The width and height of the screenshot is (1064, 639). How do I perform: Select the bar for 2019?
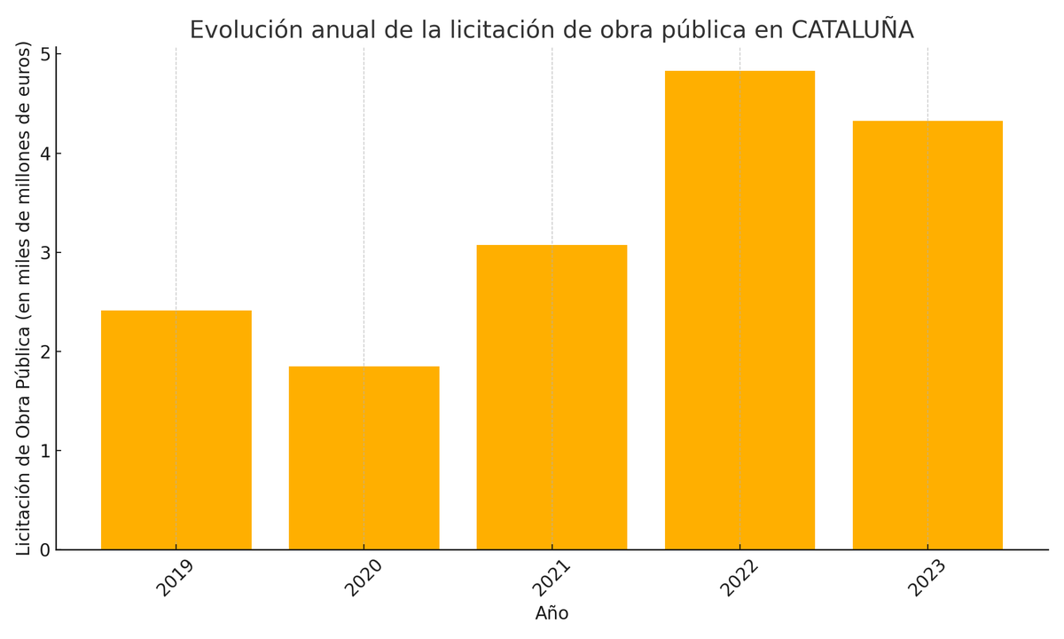pos(176,430)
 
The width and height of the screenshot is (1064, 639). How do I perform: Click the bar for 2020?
pos(364,458)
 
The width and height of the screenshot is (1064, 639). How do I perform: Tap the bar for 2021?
pos(552,398)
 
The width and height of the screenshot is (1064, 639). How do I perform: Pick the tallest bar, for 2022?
pos(739,311)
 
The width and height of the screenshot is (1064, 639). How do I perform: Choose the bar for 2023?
pos(927,335)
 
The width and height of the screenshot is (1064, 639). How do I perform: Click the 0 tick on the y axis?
pos(44,550)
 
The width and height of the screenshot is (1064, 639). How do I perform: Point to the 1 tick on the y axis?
pos(44,451)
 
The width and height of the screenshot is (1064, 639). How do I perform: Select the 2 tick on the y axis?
pos(44,351)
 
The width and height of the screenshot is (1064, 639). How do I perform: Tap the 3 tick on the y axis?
pos(44,253)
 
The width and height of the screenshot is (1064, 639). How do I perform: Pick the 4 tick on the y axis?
pos(44,154)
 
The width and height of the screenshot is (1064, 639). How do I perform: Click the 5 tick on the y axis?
pos(44,54)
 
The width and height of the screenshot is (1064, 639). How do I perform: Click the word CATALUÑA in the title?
pos(852,29)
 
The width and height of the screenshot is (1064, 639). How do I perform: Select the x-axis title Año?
pos(552,614)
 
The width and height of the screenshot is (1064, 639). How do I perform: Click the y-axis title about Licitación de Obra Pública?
pos(24,298)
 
